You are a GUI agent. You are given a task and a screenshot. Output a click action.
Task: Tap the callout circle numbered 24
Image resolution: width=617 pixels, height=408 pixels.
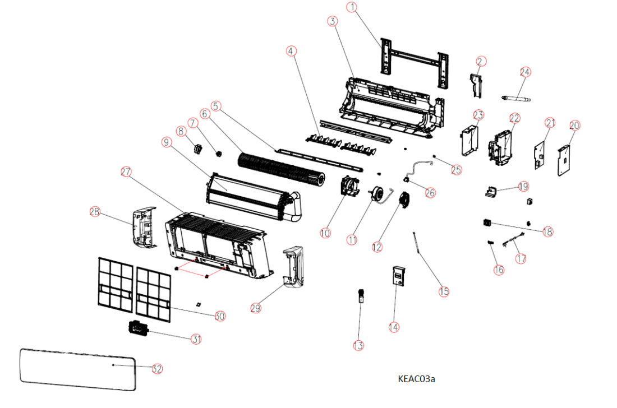click(x=525, y=72)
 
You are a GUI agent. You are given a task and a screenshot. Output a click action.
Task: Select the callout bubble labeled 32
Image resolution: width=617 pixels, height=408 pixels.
click(x=157, y=369)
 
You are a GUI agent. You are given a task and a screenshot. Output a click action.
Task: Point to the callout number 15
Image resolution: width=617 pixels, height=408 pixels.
click(x=444, y=291)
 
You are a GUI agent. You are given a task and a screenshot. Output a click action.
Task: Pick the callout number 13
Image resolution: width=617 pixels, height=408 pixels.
click(x=358, y=346)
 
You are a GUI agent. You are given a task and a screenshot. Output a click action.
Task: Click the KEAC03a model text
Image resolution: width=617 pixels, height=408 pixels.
click(x=416, y=379)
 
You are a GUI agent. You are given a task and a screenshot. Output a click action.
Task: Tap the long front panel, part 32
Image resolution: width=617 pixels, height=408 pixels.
click(x=79, y=370)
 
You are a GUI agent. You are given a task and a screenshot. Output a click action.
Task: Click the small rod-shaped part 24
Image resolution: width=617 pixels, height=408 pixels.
click(x=516, y=99)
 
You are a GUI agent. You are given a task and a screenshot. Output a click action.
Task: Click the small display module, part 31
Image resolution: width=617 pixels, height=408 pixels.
click(x=137, y=327)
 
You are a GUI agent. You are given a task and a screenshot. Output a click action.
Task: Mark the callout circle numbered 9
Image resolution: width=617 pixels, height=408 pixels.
click(x=166, y=142)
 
